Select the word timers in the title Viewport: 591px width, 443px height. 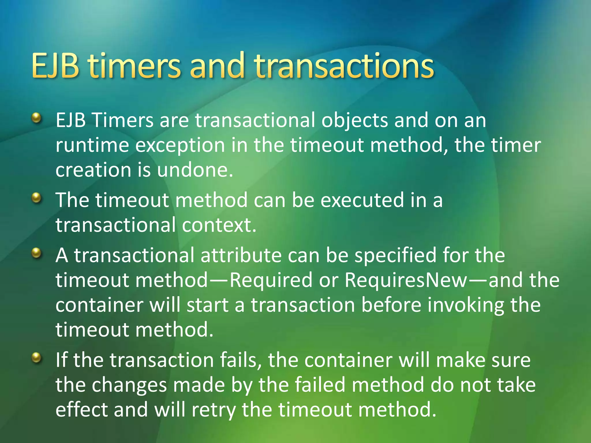(134, 66)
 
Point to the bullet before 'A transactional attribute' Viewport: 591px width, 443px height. (36, 253)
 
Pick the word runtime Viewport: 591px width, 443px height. (92, 145)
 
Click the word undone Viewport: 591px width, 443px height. (195, 170)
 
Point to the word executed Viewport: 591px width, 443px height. (362, 200)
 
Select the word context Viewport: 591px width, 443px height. (219, 225)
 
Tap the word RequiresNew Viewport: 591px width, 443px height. (406, 280)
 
